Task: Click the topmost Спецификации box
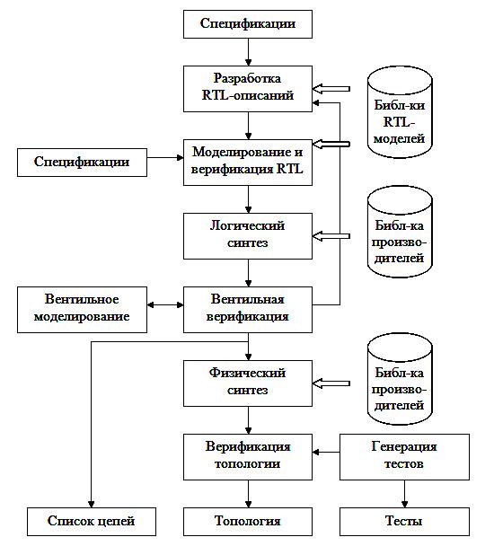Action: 248,24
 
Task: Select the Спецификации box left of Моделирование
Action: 83,163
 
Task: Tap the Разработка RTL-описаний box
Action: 248,89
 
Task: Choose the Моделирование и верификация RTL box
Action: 248,163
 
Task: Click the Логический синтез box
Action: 248,236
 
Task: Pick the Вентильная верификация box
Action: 248,310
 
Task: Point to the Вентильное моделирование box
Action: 83,310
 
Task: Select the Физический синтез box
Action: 248,383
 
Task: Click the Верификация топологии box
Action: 248,457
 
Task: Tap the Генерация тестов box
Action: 404,457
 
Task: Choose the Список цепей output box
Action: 92,521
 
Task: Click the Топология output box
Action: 248,521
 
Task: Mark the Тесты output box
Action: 404,521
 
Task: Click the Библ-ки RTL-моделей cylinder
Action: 400,112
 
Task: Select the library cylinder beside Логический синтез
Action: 400,232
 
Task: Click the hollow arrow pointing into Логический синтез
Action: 331,236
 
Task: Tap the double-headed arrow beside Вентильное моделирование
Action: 165,305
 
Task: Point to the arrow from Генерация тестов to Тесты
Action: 404,494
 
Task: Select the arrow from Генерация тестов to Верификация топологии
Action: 326,453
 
